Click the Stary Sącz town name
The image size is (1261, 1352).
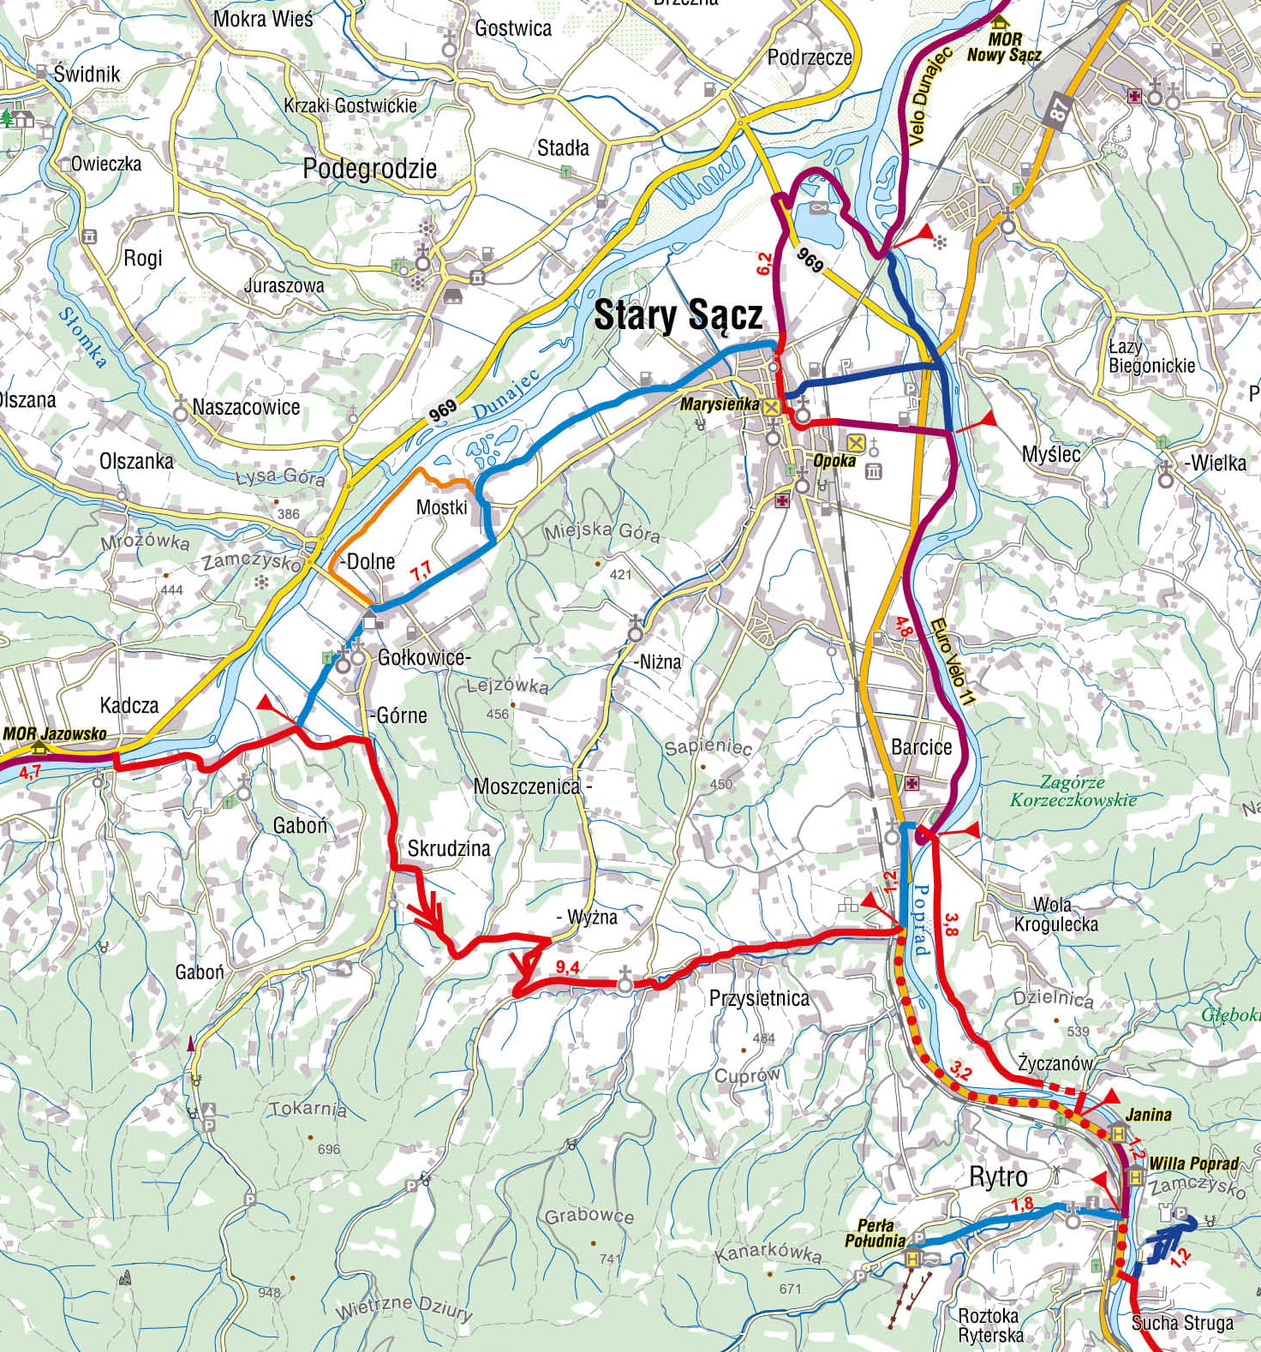[x=678, y=315]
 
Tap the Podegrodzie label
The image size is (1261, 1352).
[x=369, y=169]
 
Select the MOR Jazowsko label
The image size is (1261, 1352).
[x=55, y=733]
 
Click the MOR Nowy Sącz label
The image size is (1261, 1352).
[x=1004, y=47]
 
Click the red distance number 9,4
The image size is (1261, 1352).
[x=567, y=967]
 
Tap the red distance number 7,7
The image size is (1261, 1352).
[x=421, y=571]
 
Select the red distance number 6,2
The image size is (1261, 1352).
[x=764, y=264]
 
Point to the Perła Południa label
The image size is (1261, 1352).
[x=875, y=1233]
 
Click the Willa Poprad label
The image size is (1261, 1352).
[x=1193, y=1163]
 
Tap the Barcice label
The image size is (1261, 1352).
[x=921, y=746]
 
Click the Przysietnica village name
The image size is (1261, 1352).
[x=759, y=998]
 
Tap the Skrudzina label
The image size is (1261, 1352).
[x=449, y=848]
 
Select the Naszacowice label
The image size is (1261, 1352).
[x=246, y=407]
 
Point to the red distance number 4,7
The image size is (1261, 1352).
[x=30, y=772]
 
